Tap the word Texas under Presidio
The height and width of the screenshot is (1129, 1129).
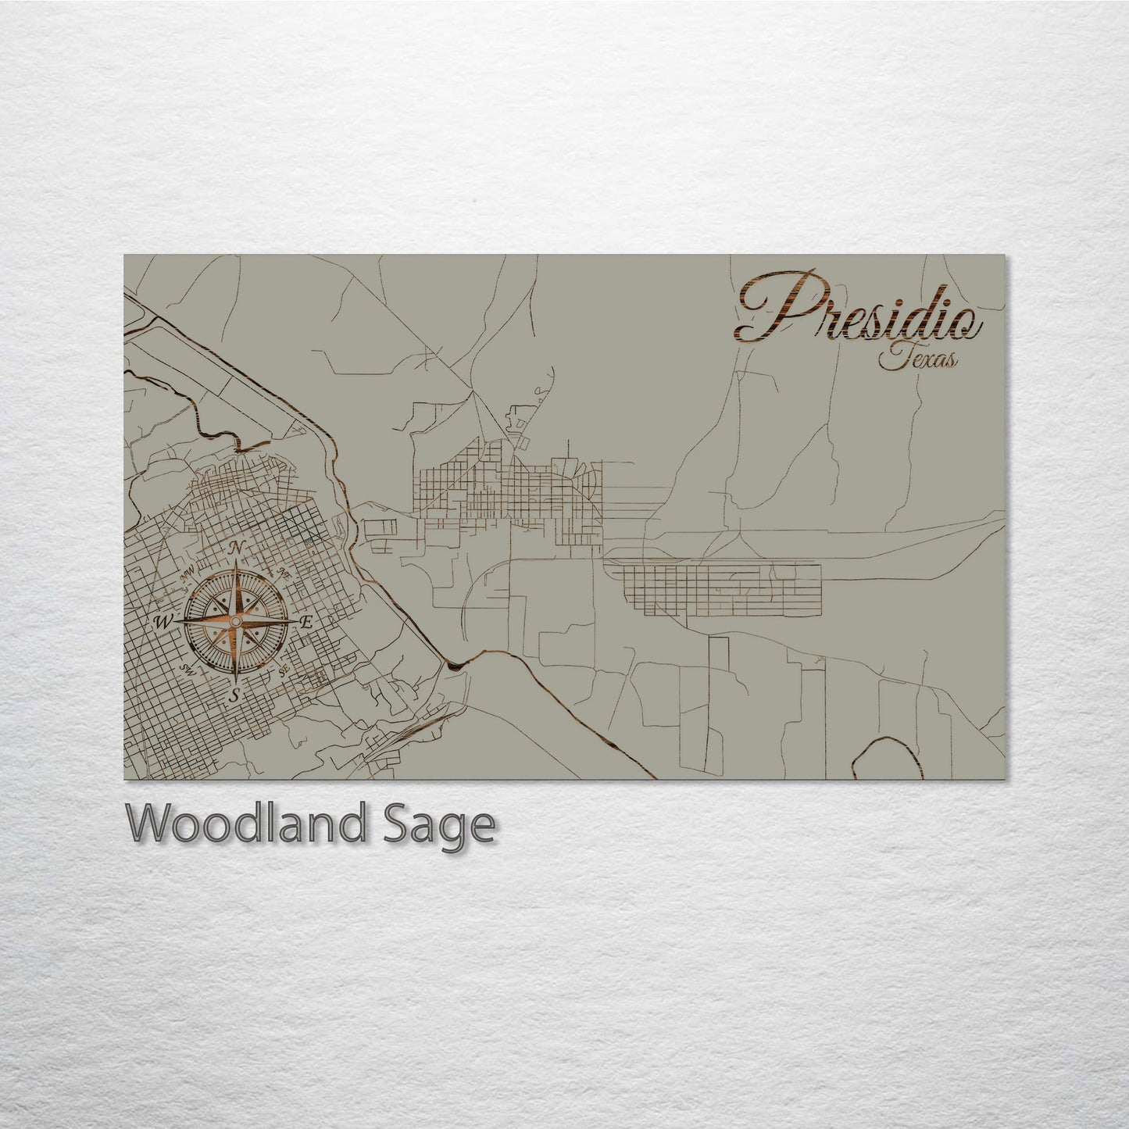point(919,359)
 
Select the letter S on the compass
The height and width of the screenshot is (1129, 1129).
point(235,695)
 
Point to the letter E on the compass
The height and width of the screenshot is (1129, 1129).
point(307,623)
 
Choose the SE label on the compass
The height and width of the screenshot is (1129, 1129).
point(284,670)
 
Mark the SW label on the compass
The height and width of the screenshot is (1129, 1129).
point(187,670)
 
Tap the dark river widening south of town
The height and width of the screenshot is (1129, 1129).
point(454,664)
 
